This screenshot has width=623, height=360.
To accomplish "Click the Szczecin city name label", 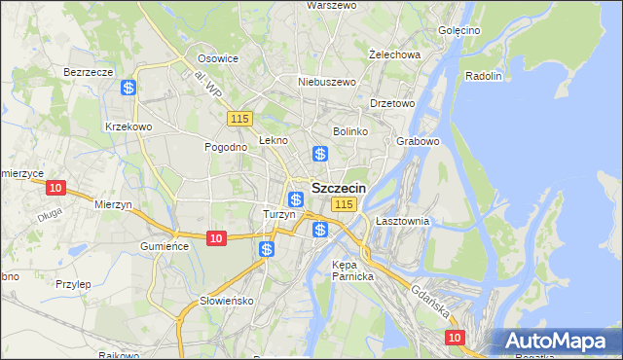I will pyautogui.click(x=338, y=187).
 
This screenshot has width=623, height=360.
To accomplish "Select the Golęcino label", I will pyautogui.click(x=459, y=30).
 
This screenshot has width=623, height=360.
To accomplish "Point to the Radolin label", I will pyautogui.click(x=483, y=76).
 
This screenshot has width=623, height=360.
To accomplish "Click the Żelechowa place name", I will pyautogui.click(x=394, y=54).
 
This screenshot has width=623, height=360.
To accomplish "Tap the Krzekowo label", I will pyautogui.click(x=128, y=126).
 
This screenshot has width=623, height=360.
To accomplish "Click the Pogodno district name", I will pyautogui.click(x=225, y=147).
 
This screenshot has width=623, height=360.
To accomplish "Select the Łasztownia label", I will pyautogui.click(x=402, y=221).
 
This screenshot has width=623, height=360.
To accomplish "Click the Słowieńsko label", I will pyautogui.click(x=226, y=301).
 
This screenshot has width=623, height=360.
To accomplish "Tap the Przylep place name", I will pyautogui.click(x=73, y=284).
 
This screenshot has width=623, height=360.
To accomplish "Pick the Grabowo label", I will pyautogui.click(x=419, y=141).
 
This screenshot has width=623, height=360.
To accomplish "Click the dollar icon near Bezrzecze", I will pyautogui.click(x=128, y=88).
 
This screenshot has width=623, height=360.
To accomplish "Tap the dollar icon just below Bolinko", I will pyautogui.click(x=319, y=154).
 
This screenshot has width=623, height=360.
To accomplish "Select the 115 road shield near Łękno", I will pyautogui.click(x=240, y=119).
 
